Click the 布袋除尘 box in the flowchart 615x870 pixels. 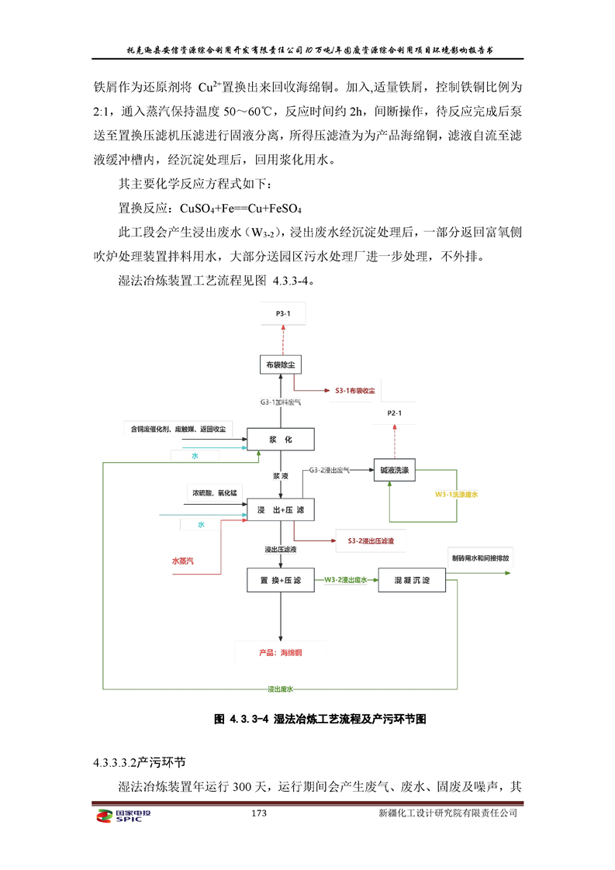[280, 363]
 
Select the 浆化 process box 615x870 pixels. [280, 440]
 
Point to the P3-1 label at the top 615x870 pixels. [281, 313]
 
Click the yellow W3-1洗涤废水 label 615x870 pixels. [456, 493]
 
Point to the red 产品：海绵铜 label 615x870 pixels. [281, 653]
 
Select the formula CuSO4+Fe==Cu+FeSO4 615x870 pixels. [240, 209]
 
